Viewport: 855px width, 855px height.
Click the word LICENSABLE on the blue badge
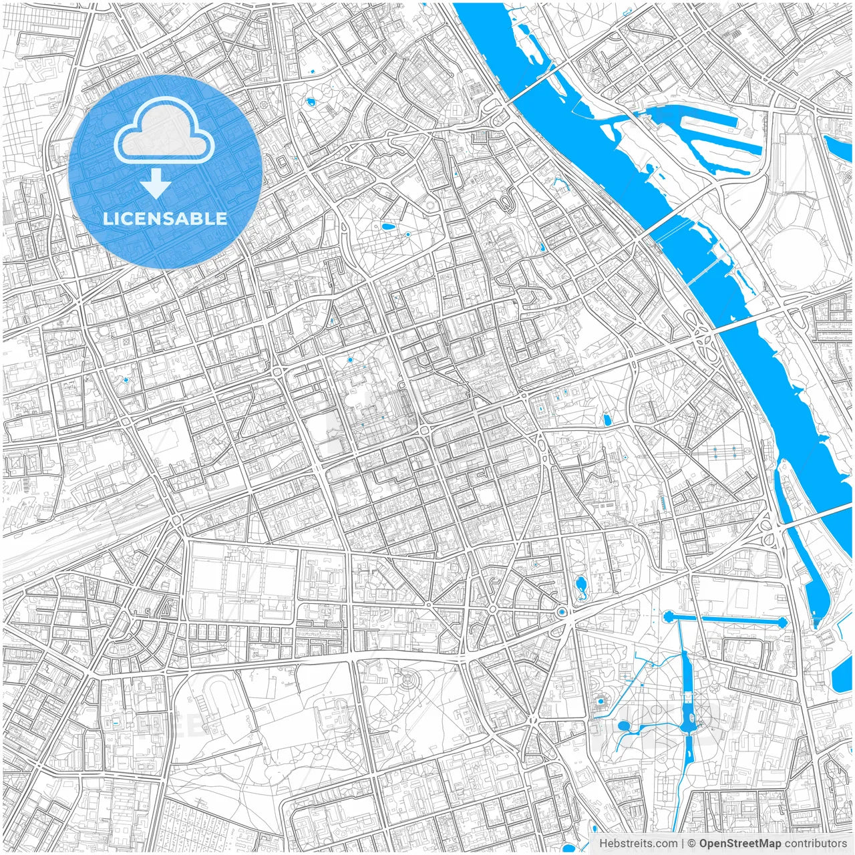tap(165, 218)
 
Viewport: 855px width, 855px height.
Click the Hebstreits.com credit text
tap(638, 844)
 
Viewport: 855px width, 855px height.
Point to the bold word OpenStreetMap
tap(740, 844)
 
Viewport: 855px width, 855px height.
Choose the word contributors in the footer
tap(816, 844)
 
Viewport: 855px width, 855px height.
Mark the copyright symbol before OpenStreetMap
tap(692, 844)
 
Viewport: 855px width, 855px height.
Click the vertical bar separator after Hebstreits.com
tap(682, 844)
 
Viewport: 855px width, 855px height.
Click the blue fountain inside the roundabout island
tap(562, 612)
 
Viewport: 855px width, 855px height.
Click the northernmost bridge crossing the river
tap(538, 79)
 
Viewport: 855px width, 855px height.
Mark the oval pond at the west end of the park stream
tap(624, 726)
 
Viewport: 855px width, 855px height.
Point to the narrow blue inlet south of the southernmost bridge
tap(818, 588)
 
